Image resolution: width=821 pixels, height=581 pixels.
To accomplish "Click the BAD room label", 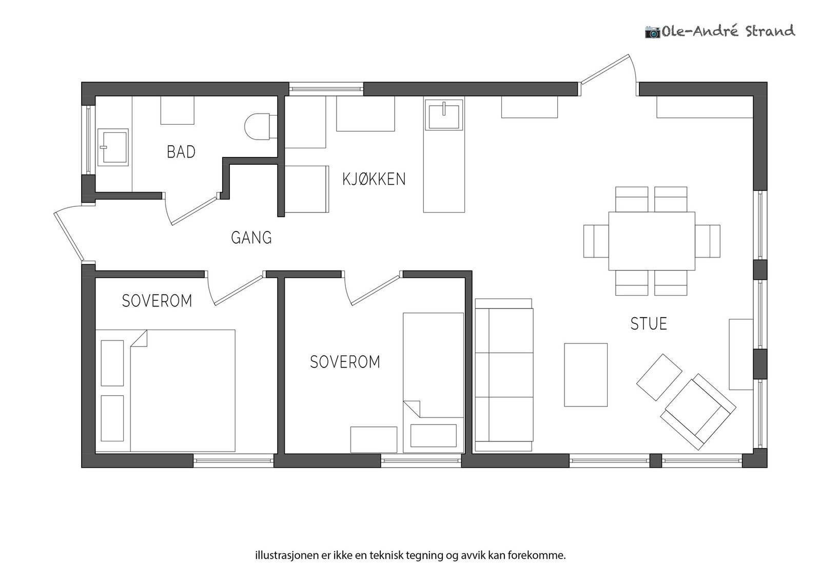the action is point(181,152).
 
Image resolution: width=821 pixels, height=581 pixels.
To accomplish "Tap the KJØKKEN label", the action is point(374,179).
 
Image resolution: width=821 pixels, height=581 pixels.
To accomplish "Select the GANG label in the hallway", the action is point(251,238).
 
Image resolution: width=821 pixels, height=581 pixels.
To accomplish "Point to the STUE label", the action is point(649,324).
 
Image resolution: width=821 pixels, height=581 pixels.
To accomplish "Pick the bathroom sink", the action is point(113,147).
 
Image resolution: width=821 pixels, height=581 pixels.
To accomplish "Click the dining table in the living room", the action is point(652,241).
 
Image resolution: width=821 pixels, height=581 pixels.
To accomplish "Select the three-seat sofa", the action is point(504,375).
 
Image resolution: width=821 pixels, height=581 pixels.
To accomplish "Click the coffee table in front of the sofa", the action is point(585,375).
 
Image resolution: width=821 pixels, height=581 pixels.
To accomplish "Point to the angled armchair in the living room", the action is point(698,411).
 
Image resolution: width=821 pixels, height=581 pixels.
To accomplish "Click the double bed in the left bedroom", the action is point(165,391).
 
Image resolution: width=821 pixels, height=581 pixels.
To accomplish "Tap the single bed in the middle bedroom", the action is point(433,383).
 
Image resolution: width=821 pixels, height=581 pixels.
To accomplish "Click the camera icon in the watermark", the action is point(652,32).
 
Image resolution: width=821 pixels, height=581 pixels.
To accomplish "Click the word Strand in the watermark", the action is point(770,31).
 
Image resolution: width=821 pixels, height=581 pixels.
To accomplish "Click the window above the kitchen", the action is point(326,89).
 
